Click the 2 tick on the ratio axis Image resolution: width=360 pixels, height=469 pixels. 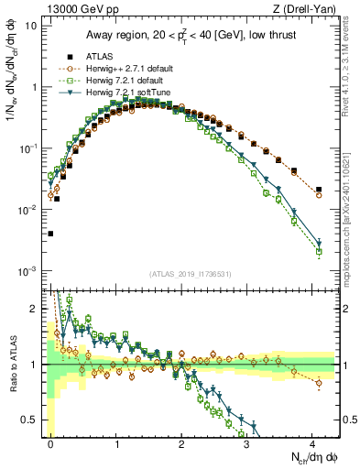pos(38,309)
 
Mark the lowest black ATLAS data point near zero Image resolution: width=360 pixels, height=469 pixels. pos(50,234)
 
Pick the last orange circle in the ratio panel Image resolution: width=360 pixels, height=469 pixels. pos(319,384)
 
